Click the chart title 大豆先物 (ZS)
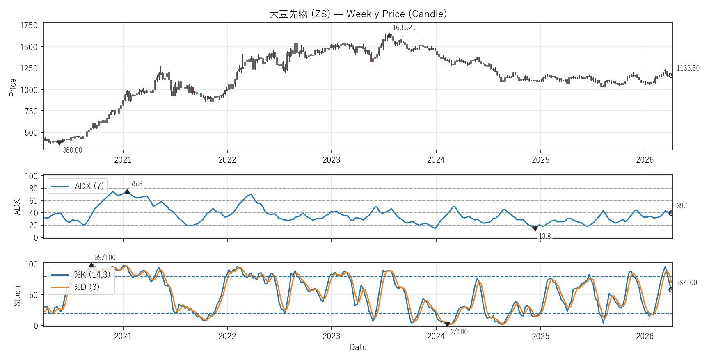(358, 14)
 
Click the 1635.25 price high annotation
(404, 27)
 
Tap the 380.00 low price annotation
(72, 150)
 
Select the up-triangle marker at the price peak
(389, 35)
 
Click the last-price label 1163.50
(688, 68)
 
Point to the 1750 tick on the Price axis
(29, 25)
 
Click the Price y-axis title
(13, 87)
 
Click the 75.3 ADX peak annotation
(136, 184)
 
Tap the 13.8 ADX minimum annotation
(544, 236)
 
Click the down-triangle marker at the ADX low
(535, 229)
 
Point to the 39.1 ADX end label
(682, 206)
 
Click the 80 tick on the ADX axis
(33, 189)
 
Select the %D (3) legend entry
(87, 287)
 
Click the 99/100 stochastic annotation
(105, 257)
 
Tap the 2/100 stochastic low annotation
(459, 332)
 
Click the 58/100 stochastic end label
(686, 283)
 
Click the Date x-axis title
(358, 347)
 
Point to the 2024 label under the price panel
(436, 160)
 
